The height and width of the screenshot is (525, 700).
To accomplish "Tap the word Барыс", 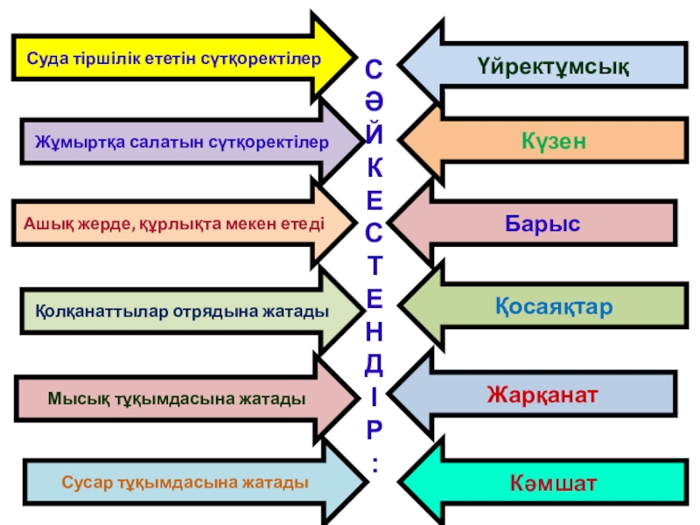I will (x=542, y=223).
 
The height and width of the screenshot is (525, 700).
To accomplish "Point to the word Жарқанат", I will (x=542, y=395).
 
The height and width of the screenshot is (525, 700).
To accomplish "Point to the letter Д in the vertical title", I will (x=374, y=360).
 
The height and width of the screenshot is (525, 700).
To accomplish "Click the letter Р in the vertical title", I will (x=374, y=429).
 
